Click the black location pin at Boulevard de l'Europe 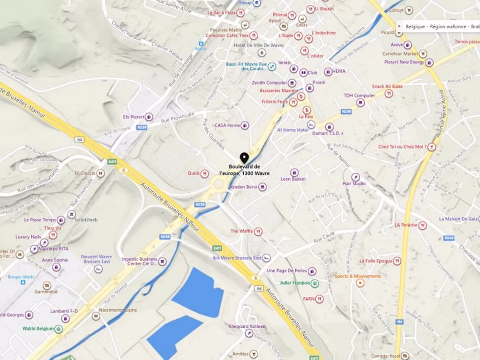244,158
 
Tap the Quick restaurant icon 204,174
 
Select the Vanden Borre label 243,187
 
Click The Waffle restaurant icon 258,231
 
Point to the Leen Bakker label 293,179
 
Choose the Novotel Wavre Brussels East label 97,259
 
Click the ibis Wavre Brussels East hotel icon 266,258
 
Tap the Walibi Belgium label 38,329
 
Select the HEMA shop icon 328,72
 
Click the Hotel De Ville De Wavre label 253,45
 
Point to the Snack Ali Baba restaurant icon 389,94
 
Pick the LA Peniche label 405,225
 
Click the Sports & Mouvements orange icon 360,283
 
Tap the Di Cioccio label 85,173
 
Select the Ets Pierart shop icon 149,117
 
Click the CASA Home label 227,126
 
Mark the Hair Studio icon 356,177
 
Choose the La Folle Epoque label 376,261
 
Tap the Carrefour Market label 400,54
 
